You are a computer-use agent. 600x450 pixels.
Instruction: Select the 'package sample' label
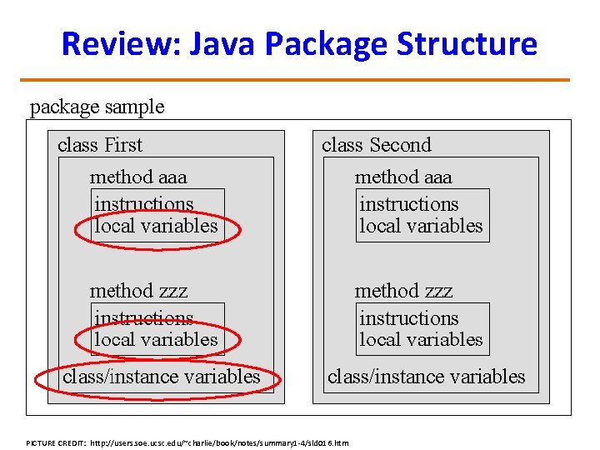tap(97, 107)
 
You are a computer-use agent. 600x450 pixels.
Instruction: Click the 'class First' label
tap(100, 145)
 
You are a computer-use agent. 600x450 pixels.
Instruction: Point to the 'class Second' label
tap(377, 145)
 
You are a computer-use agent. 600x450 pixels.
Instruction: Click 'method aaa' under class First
tap(138, 177)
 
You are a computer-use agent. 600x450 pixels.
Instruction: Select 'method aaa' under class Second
tap(403, 177)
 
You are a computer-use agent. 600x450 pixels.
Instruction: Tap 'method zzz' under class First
tap(138, 291)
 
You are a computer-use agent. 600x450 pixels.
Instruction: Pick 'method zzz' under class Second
tap(403, 291)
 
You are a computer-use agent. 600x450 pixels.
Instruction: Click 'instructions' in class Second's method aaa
tap(408, 204)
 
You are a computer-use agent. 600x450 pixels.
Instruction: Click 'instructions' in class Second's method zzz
tap(408, 318)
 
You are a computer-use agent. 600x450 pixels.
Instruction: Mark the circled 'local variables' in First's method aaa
tap(157, 226)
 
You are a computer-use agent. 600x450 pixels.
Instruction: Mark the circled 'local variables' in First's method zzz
tap(157, 340)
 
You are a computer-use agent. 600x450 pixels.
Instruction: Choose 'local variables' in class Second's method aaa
tap(421, 226)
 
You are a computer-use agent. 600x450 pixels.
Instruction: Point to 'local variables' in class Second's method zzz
tap(421, 340)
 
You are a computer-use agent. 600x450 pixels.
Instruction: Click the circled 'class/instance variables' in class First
tap(162, 377)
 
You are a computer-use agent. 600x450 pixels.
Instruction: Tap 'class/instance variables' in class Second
tap(427, 377)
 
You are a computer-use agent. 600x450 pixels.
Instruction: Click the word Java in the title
tap(222, 43)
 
